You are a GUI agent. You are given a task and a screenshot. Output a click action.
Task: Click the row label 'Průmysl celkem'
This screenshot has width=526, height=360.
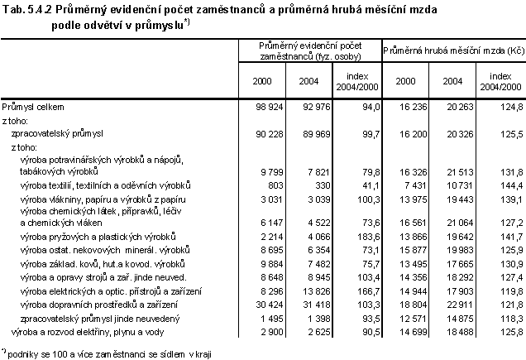point(34,107)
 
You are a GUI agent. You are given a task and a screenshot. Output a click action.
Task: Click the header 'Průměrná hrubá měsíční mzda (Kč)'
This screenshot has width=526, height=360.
point(454,50)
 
